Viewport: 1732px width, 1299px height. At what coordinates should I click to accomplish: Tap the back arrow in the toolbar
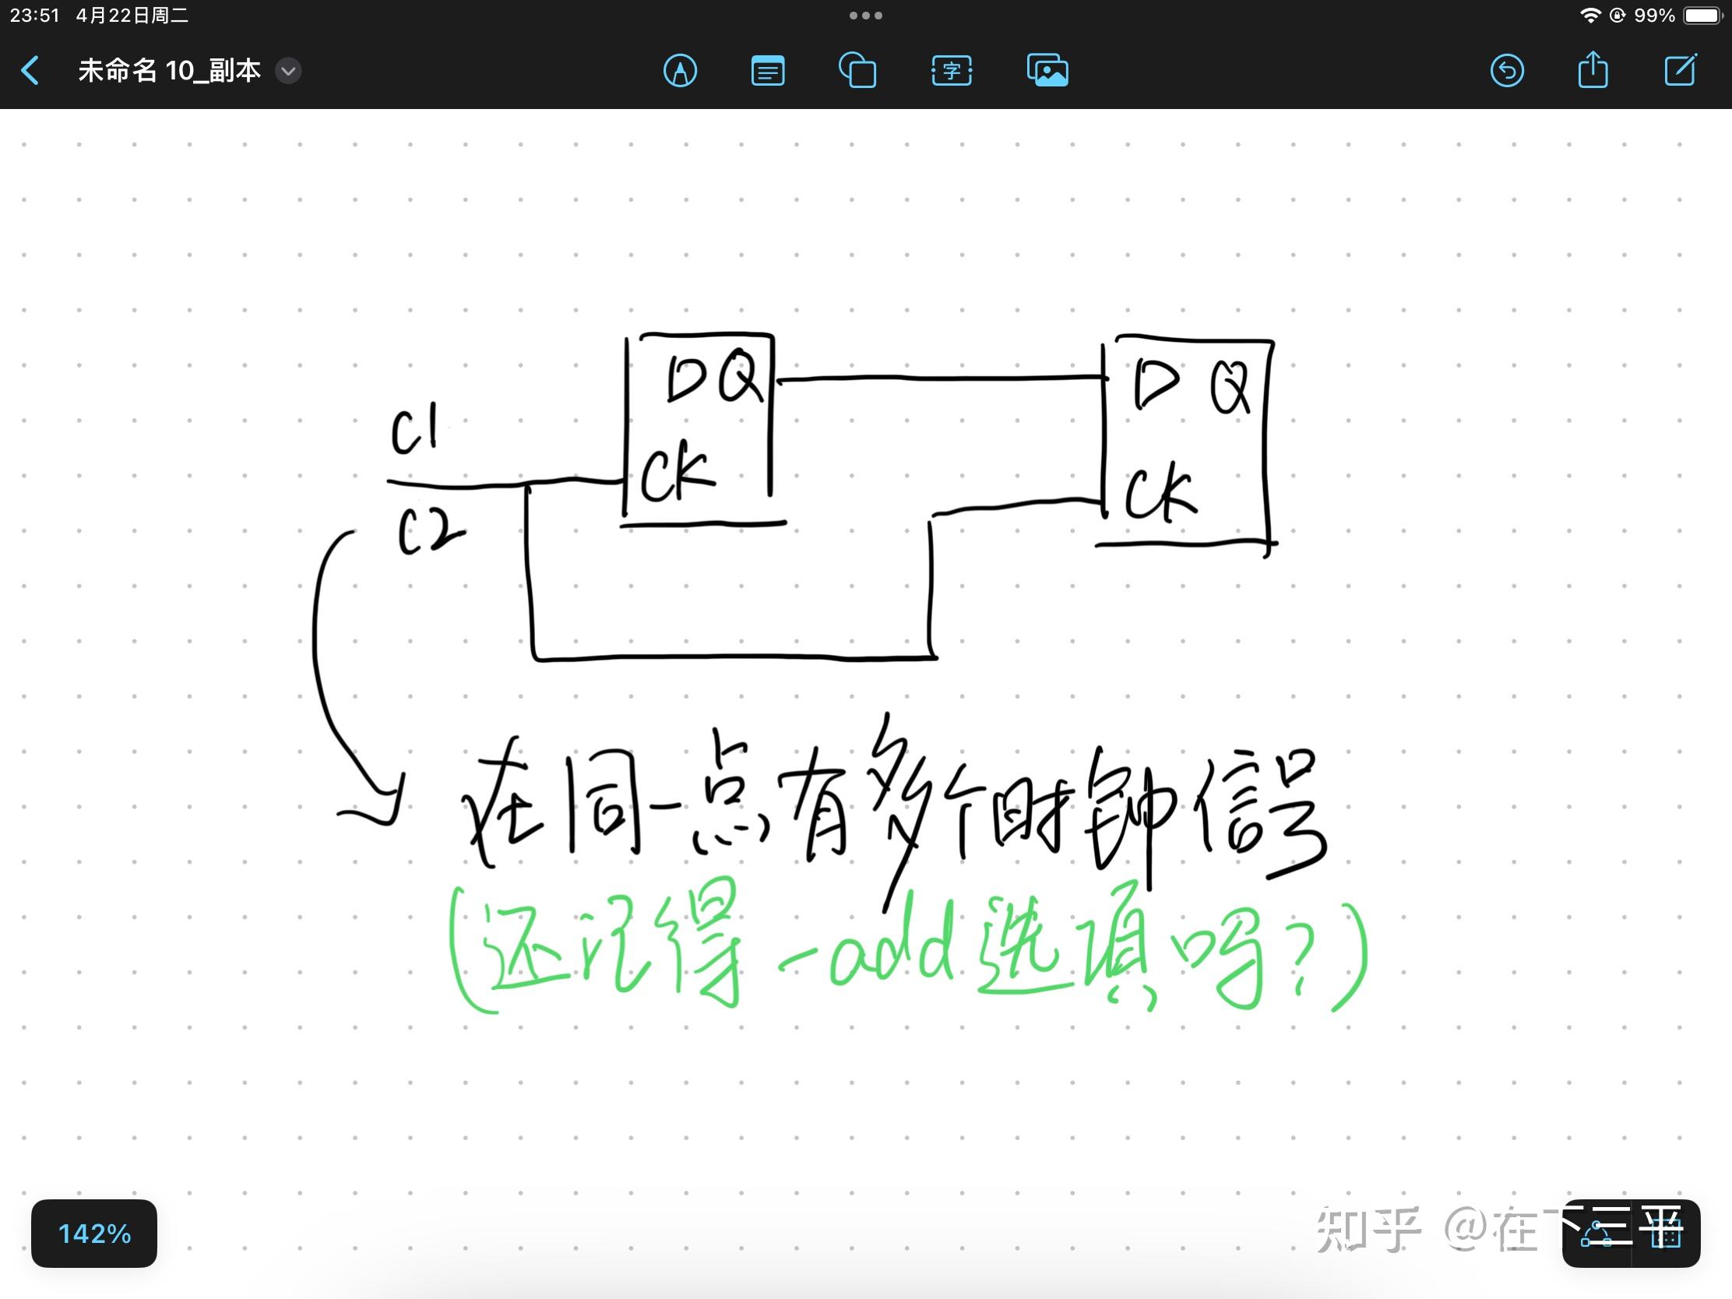click(30, 70)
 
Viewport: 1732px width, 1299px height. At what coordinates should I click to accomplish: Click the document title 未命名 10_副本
click(169, 70)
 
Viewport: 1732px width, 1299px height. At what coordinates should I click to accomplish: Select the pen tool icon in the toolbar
click(680, 71)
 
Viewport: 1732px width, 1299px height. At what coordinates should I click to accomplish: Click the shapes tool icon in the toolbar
click(857, 71)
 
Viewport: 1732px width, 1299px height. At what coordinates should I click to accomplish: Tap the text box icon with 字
click(952, 71)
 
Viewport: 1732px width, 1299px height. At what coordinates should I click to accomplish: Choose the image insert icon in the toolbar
click(1047, 71)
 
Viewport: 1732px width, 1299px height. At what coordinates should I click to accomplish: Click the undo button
click(1506, 71)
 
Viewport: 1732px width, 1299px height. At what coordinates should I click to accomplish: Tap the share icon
click(1593, 70)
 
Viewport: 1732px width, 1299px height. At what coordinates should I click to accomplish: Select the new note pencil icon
click(1680, 70)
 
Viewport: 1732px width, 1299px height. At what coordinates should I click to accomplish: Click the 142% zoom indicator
click(94, 1234)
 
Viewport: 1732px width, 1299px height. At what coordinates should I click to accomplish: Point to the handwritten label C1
click(414, 430)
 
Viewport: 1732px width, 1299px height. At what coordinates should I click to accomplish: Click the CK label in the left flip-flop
click(677, 472)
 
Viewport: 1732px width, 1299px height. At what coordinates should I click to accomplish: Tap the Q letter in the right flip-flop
click(1230, 388)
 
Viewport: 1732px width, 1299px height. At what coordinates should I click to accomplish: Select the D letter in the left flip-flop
click(685, 379)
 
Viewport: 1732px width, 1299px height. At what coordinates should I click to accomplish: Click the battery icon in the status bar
click(1703, 16)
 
